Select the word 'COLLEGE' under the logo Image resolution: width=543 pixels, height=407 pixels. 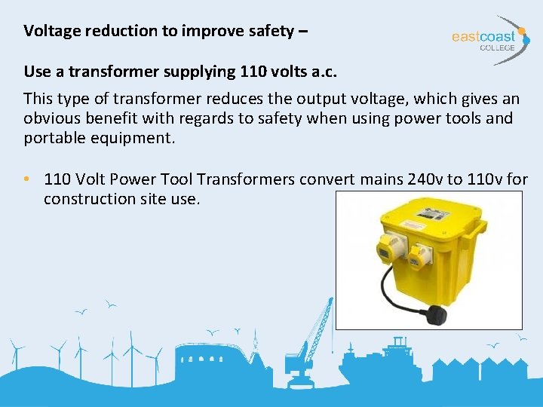click(x=498, y=47)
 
